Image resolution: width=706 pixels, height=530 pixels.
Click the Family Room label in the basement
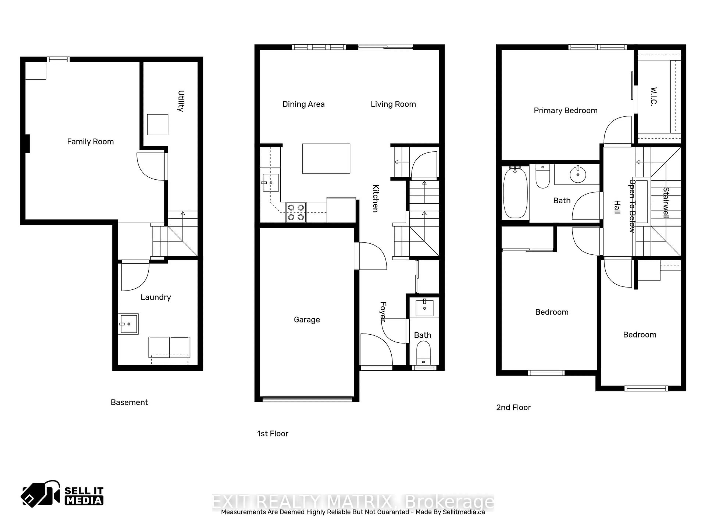click(90, 142)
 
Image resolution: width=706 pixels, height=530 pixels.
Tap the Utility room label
click(181, 101)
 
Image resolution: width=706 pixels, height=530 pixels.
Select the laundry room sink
click(128, 324)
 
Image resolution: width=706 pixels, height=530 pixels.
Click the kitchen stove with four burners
click(296, 212)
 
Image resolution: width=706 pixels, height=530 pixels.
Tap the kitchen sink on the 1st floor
click(271, 183)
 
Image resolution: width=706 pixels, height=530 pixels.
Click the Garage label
click(307, 320)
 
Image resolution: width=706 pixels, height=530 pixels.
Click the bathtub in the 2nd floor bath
click(515, 193)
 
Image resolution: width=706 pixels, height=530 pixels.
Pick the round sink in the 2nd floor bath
click(578, 175)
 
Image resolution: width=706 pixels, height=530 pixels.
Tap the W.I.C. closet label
click(654, 96)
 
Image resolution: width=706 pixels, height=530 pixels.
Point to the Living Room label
click(393, 104)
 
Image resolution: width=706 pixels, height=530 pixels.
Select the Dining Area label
click(304, 104)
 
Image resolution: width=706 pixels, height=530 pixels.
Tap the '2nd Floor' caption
click(513, 407)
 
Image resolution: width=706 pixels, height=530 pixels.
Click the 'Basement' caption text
click(129, 402)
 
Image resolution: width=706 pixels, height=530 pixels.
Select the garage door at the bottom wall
click(307, 399)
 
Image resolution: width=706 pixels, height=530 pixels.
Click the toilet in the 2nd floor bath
click(543, 176)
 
